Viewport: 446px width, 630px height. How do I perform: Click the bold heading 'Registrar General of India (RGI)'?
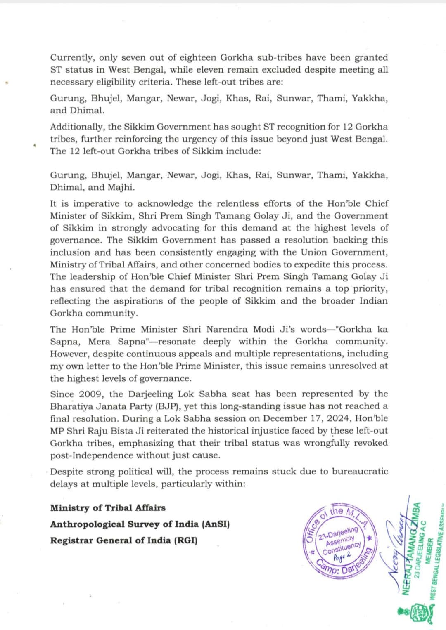[x=123, y=540]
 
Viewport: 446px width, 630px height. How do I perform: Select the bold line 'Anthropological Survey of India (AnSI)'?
[x=140, y=524]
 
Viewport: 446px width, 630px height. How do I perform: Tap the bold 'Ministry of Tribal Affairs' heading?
[x=108, y=508]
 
